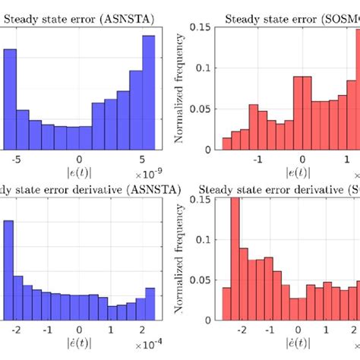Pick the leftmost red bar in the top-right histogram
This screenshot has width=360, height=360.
pos(226,144)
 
